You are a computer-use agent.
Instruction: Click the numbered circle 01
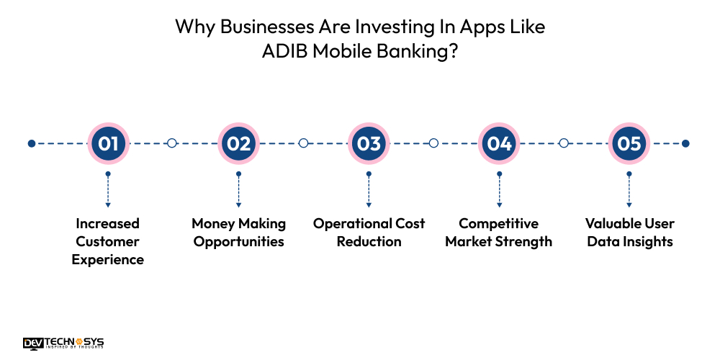(x=108, y=143)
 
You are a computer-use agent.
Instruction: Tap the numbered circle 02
(x=238, y=143)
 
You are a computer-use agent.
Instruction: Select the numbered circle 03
(x=369, y=143)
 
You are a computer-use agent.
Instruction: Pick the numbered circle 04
(x=499, y=143)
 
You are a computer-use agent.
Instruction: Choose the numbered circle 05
(x=629, y=143)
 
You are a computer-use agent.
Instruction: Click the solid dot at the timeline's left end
(x=32, y=143)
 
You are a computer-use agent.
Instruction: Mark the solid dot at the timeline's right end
(x=685, y=143)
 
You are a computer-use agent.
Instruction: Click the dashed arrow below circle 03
(x=369, y=189)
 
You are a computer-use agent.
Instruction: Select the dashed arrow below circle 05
(x=629, y=189)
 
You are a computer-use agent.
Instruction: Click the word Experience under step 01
(x=108, y=260)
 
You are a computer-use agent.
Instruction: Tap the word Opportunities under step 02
(x=239, y=242)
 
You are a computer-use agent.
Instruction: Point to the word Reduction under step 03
(x=369, y=241)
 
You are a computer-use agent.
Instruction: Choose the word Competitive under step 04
(x=499, y=224)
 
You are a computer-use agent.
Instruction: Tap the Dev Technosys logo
(x=63, y=343)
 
